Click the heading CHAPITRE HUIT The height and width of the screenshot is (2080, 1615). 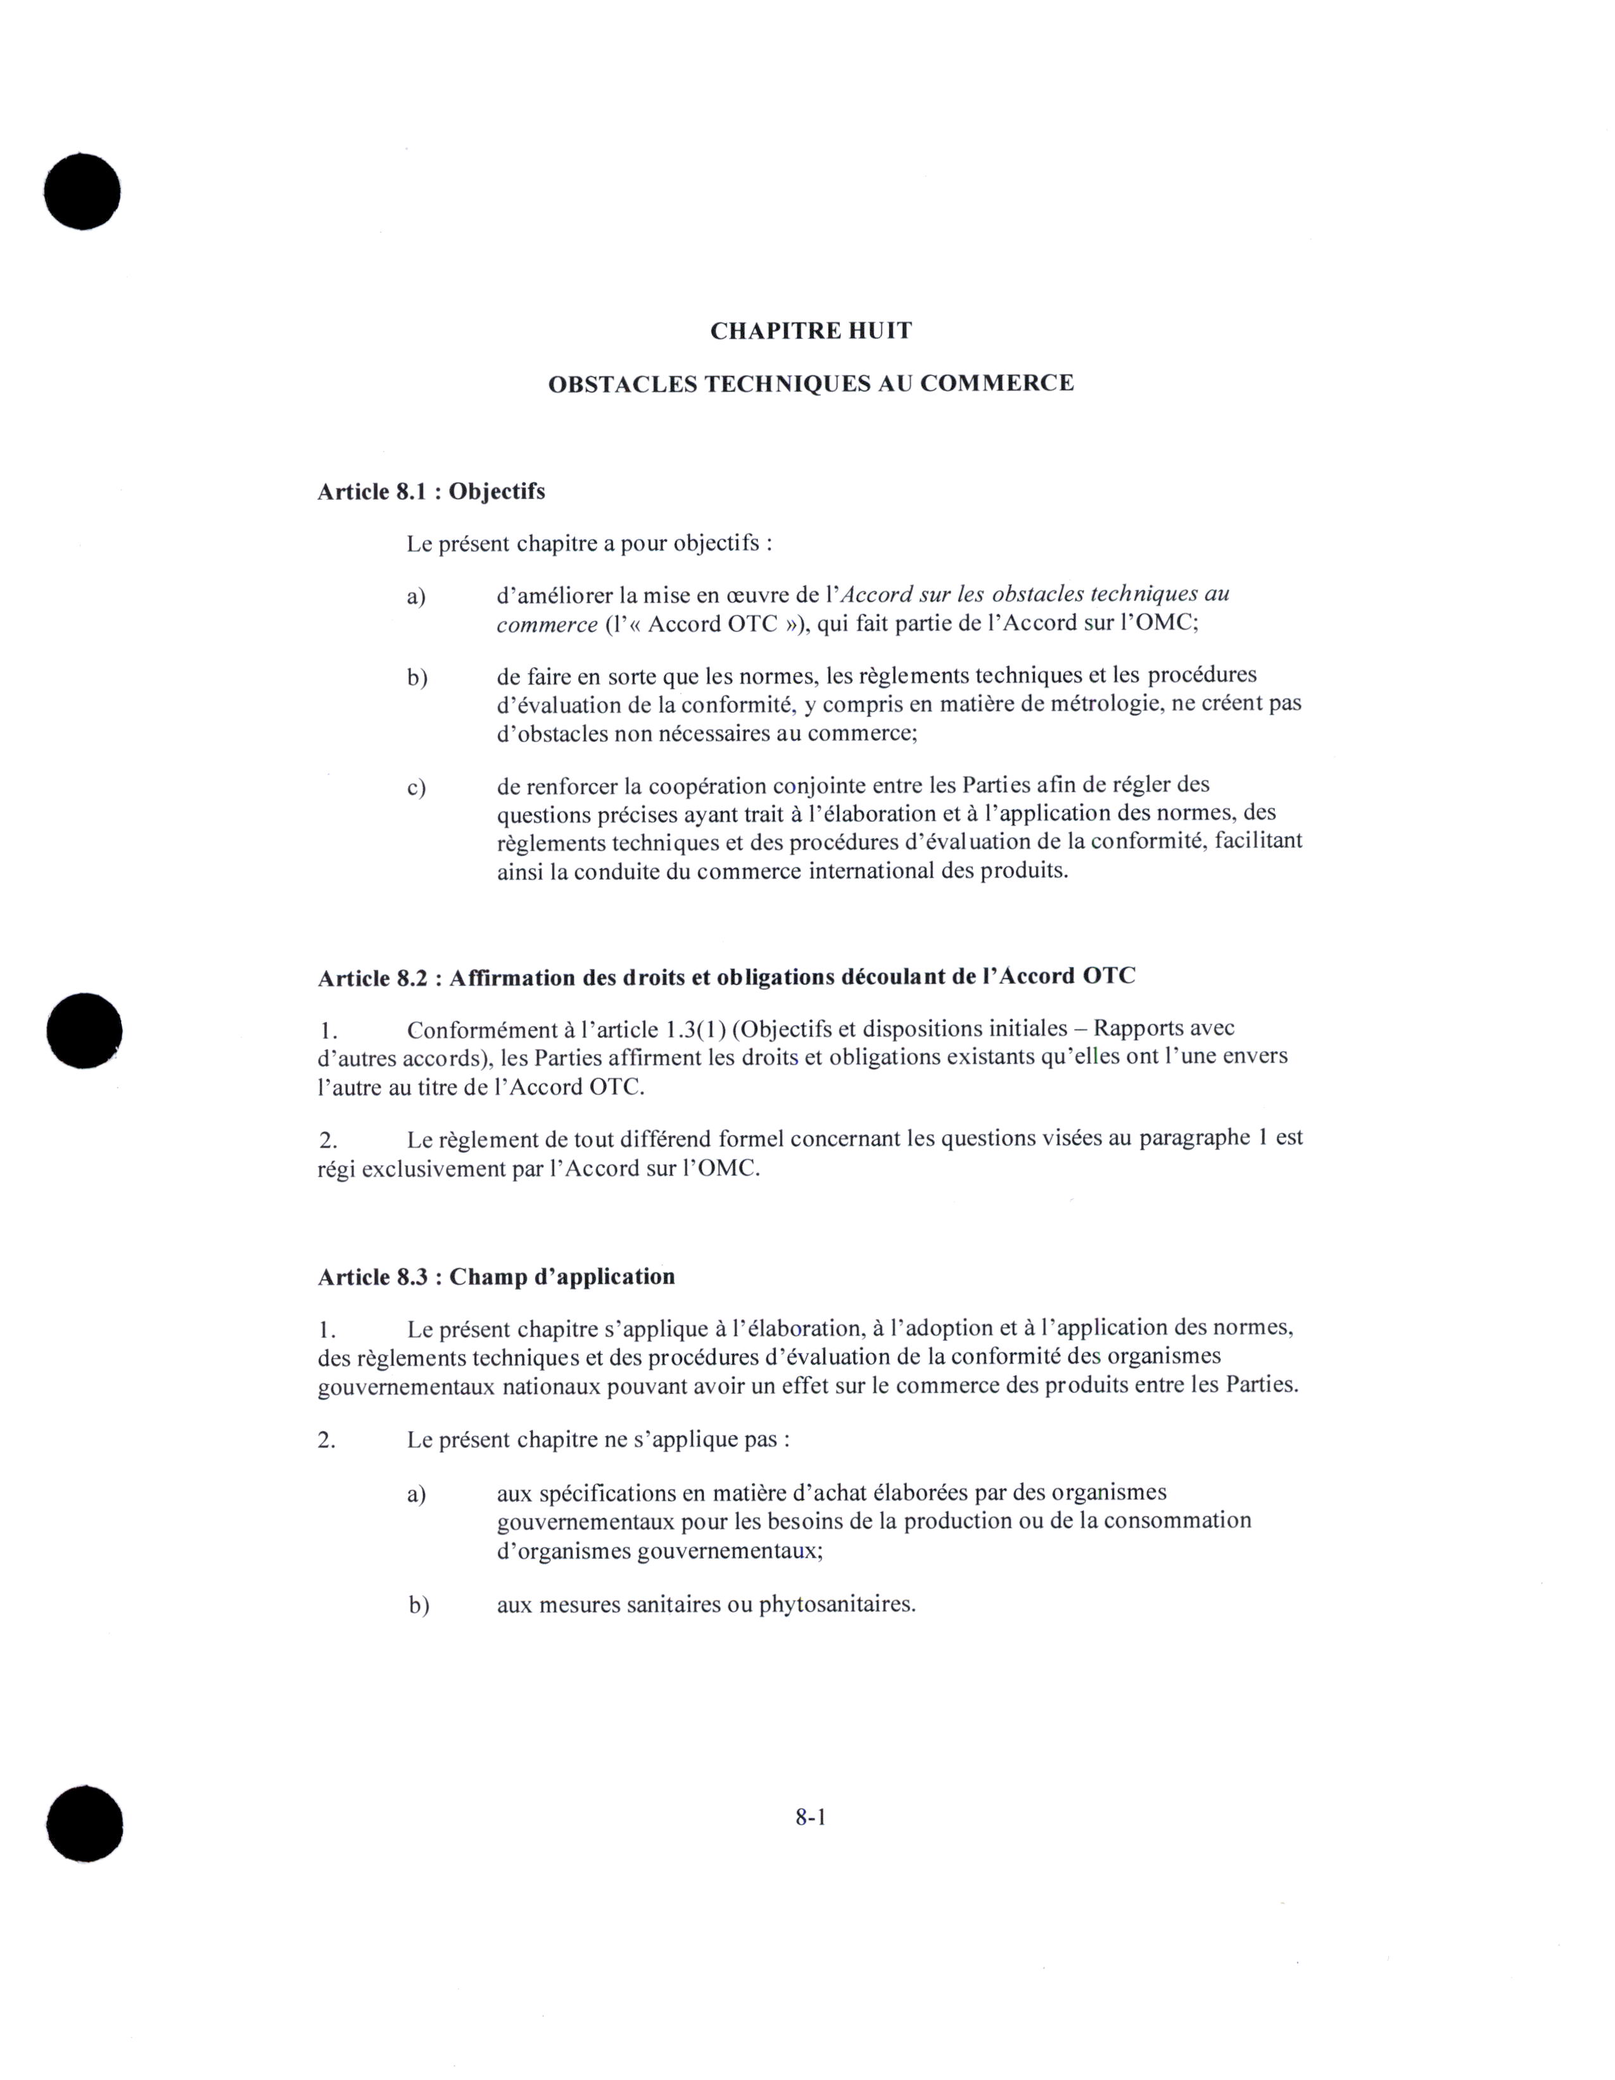(x=811, y=331)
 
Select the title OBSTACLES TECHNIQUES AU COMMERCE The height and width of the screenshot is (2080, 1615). (x=811, y=384)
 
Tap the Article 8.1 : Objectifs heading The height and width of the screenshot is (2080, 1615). (x=431, y=491)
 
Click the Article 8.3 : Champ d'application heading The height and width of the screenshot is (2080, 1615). (x=496, y=1276)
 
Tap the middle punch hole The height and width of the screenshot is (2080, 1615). (x=85, y=1030)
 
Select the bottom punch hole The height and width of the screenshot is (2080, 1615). (x=85, y=1823)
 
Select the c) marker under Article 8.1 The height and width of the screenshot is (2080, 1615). (x=416, y=789)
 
